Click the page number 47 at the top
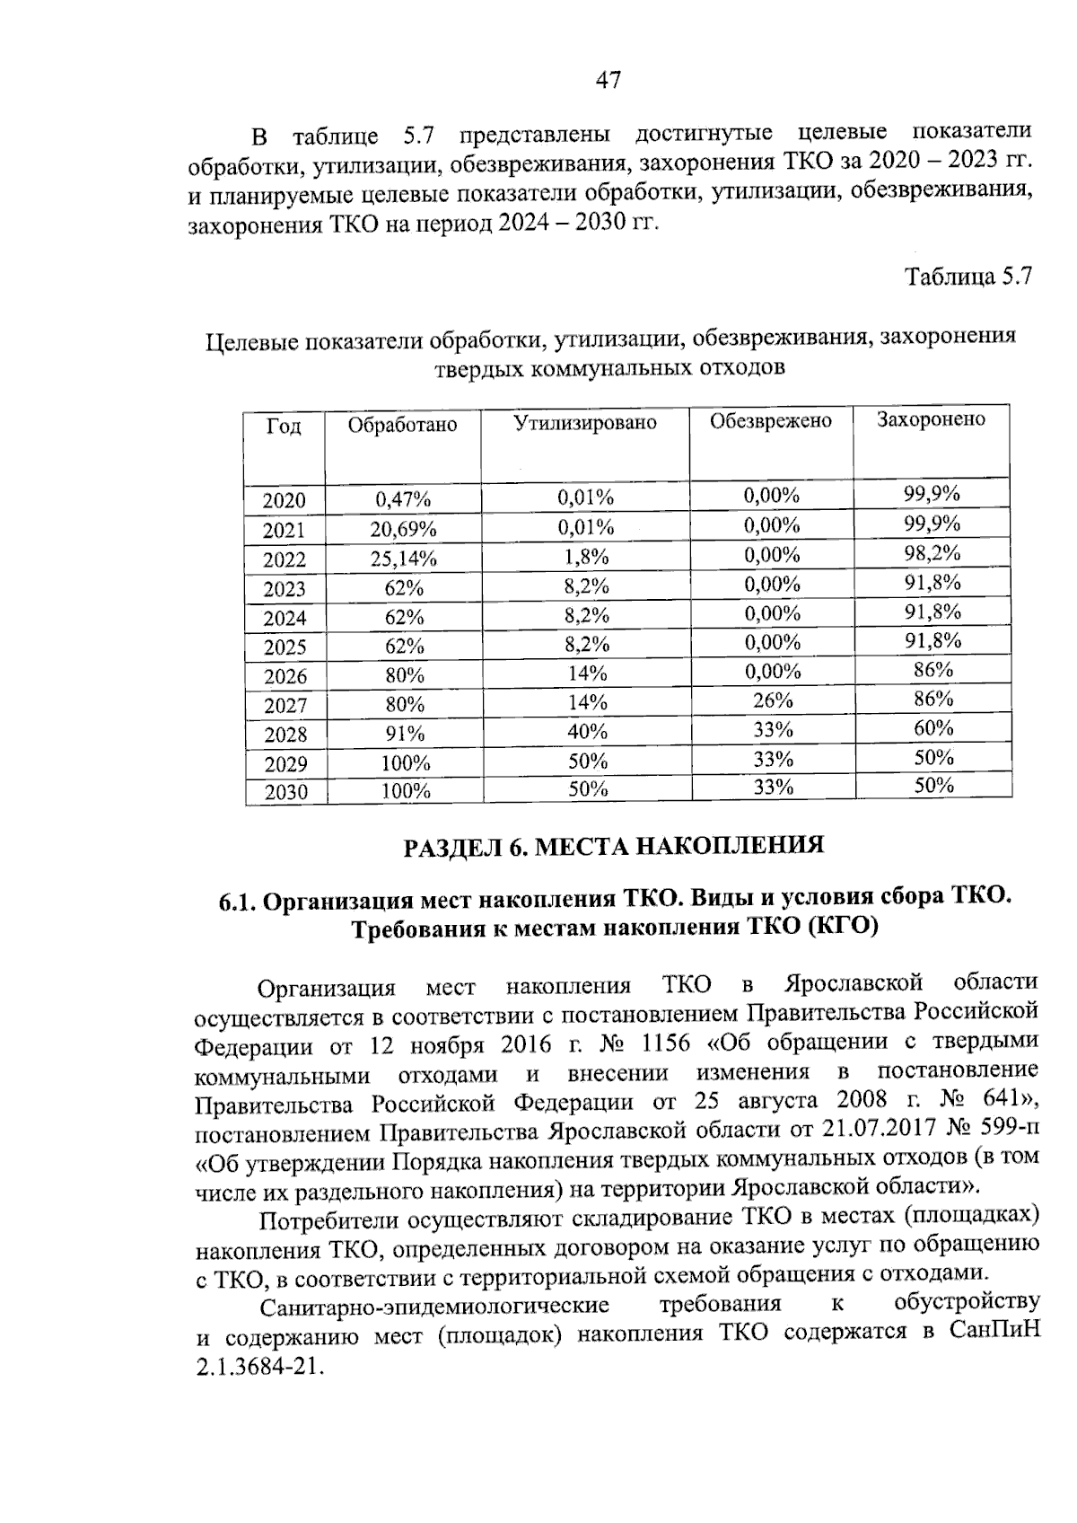pos(608,81)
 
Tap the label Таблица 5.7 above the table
pos(968,276)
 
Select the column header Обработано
pos(402,425)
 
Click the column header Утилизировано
pos(584,423)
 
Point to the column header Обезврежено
pos(770,421)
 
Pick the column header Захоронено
pos(931,419)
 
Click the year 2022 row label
pos(284,560)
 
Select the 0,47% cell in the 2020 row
pos(403,499)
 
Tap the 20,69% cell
pos(403,529)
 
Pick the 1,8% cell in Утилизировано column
pos(586,557)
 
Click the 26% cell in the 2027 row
pos(772,700)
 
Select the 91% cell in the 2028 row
pos(404,734)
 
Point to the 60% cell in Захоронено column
pos(933,728)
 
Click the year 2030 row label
pos(285,792)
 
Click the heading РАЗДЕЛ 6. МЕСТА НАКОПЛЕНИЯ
pos(613,846)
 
